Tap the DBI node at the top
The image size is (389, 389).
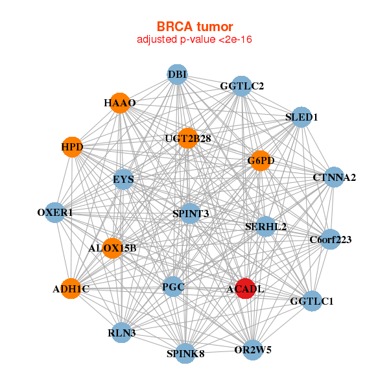click(x=177, y=75)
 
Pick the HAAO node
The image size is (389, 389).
click(x=120, y=103)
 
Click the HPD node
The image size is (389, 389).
click(x=72, y=147)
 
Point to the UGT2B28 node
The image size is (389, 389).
click(x=187, y=138)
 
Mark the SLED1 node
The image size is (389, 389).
click(x=301, y=117)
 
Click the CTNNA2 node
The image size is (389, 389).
click(x=333, y=177)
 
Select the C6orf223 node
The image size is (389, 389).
click(x=330, y=239)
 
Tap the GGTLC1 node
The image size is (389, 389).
click(x=311, y=301)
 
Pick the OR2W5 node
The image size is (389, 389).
click(x=252, y=350)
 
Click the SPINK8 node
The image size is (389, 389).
click(x=185, y=353)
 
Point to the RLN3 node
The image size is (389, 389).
click(x=122, y=333)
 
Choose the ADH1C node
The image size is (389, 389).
click(x=71, y=289)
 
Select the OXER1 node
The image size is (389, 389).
click(x=56, y=212)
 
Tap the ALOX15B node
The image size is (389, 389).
click(x=112, y=248)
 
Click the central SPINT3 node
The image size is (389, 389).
click(x=190, y=213)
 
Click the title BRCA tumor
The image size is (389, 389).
click(x=194, y=27)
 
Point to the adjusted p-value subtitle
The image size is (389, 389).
click(x=194, y=40)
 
